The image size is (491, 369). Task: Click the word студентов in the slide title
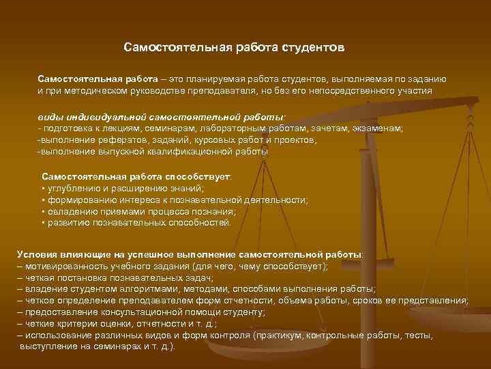[312, 49]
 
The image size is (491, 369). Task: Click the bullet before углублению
[43, 189]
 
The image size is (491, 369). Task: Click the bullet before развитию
[43, 223]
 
